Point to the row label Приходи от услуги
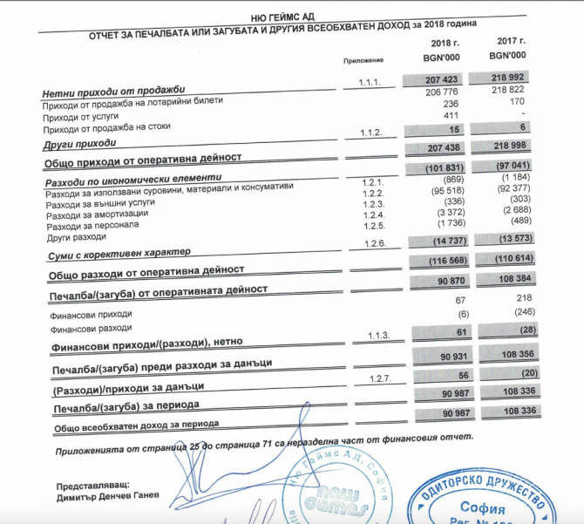[81, 116]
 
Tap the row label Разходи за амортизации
[91, 215]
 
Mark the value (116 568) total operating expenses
[442, 261]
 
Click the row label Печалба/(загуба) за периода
[126, 407]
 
